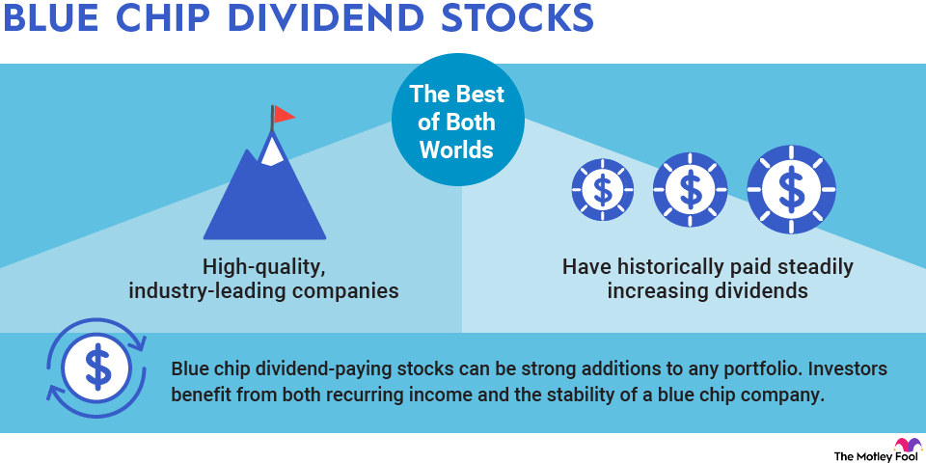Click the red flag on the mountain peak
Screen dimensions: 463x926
coord(284,114)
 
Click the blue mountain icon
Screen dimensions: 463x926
coord(263,198)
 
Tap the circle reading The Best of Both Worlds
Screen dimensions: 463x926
coord(457,123)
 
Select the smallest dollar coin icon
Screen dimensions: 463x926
coord(602,190)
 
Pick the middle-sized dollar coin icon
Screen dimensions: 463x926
coord(690,189)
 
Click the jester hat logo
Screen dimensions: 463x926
coord(908,446)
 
